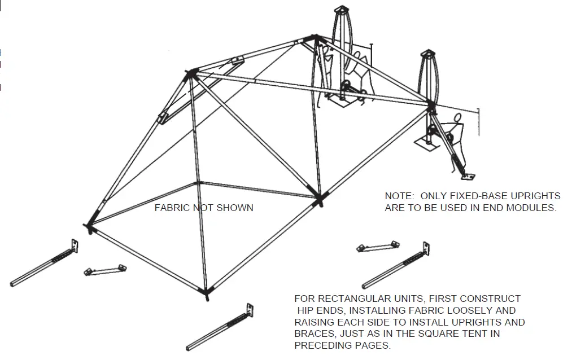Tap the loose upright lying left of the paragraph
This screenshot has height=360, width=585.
pos(221,327)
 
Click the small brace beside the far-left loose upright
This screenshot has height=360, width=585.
pos(104,269)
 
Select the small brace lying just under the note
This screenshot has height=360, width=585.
pos(378,246)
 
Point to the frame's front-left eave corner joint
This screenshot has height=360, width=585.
pos(90,227)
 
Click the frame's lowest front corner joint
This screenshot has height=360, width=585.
pos(207,292)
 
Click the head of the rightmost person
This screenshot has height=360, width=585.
pos(459,118)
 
